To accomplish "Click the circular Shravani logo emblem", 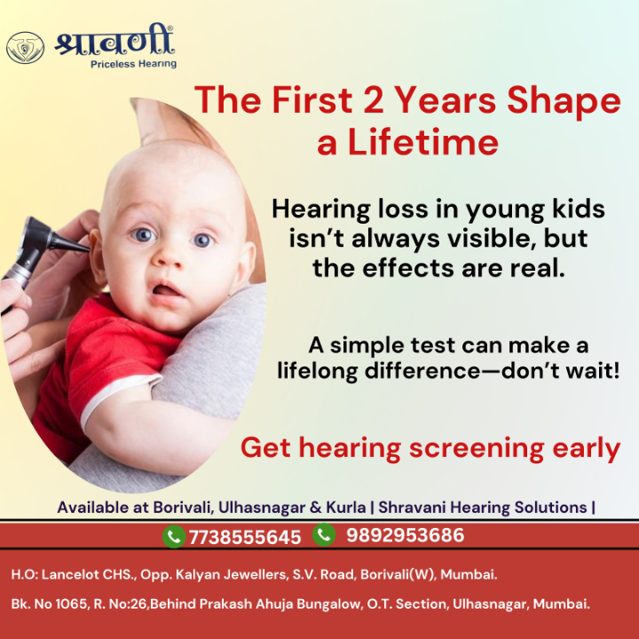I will [x=25, y=48].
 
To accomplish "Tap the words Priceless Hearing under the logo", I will [x=133, y=64].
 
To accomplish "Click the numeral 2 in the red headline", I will [x=372, y=101].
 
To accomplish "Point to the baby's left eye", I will [x=202, y=240].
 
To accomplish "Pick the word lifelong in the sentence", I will [x=317, y=370].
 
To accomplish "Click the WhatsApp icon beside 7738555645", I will [x=174, y=536].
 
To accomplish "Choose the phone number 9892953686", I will [x=405, y=535].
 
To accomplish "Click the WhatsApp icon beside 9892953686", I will [x=324, y=534].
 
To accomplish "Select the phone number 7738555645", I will [x=245, y=537].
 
